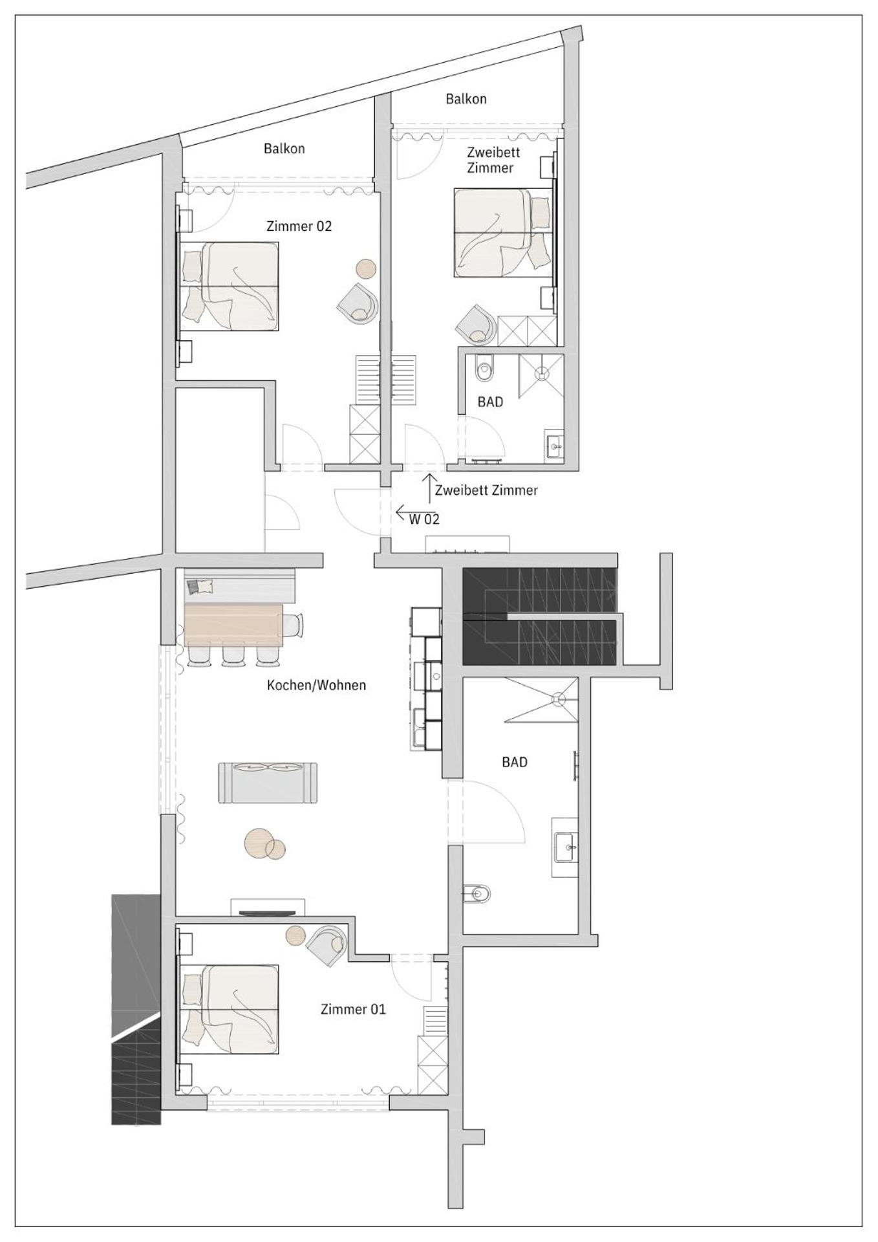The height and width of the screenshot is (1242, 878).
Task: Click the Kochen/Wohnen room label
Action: click(x=316, y=685)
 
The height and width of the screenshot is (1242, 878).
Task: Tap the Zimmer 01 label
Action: click(x=353, y=1009)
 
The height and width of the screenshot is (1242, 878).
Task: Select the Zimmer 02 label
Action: click(x=299, y=226)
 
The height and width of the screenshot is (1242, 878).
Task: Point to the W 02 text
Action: click(x=424, y=519)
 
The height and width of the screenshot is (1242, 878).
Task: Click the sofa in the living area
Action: click(x=268, y=783)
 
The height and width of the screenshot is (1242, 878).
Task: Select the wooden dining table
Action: click(x=234, y=625)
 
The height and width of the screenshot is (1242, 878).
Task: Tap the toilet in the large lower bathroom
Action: click(x=478, y=895)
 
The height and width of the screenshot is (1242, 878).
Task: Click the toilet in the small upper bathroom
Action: click(x=484, y=371)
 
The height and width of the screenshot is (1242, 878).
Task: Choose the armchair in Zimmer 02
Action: click(x=358, y=304)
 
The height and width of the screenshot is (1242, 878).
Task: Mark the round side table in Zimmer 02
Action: click(x=366, y=268)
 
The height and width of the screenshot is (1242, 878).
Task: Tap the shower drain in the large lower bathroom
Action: click(x=558, y=699)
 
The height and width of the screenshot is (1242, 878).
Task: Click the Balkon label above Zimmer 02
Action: click(x=284, y=149)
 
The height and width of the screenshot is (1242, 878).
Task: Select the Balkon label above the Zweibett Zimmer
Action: click(x=466, y=99)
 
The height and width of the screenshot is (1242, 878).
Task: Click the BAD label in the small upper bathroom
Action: click(x=490, y=402)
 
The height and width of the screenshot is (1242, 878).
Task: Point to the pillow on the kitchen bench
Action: click(x=200, y=587)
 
